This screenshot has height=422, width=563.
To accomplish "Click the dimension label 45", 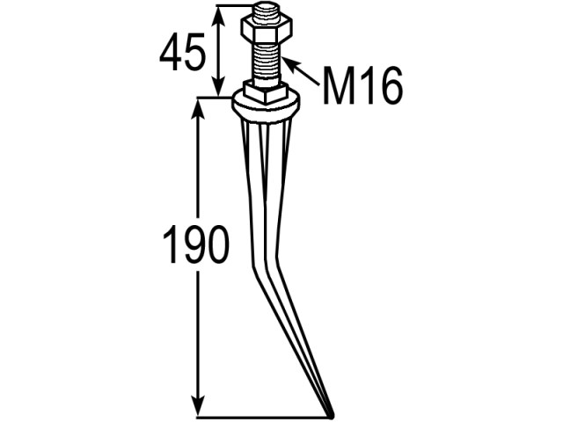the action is pyautogui.click(x=182, y=52).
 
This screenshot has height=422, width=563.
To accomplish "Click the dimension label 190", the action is pyautogui.click(x=195, y=244).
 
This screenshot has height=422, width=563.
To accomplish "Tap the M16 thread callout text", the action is pyautogui.click(x=362, y=85).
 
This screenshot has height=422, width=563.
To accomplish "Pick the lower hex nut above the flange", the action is pyautogui.click(x=266, y=93).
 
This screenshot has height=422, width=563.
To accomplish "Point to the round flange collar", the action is pyautogui.click(x=266, y=105).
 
